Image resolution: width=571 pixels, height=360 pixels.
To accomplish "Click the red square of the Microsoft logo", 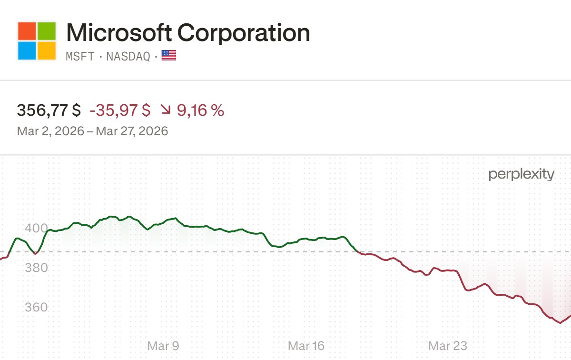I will [27, 31].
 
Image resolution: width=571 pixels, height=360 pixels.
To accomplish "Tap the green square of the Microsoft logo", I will [47, 31].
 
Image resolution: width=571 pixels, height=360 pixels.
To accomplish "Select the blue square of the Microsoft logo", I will [27, 50].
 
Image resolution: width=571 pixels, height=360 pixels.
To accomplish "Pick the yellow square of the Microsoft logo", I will [47, 50].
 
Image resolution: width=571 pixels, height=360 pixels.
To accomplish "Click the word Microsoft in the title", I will [119, 33].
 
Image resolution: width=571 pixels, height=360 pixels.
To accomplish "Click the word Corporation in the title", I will [244, 33].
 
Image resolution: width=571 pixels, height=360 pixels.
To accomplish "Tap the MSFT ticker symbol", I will [79, 56].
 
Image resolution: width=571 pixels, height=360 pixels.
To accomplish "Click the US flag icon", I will [169, 56].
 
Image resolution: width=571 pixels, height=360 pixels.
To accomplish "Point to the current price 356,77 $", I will [49, 110].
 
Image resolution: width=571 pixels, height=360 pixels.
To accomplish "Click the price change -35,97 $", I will [120, 110].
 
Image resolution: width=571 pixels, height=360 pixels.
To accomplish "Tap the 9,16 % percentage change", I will [200, 110].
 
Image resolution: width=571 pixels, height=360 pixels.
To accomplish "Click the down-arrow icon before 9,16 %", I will [166, 110].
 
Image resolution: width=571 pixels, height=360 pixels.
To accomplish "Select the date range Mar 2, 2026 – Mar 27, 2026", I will [92, 131].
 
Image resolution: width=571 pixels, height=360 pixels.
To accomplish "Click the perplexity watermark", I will [522, 175].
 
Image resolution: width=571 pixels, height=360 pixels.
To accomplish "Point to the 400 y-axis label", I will [37, 228].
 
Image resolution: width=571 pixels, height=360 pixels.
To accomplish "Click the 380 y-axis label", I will [37, 268].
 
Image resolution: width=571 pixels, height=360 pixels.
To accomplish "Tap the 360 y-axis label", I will [37, 307].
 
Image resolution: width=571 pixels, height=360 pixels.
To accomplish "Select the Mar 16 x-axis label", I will [306, 346].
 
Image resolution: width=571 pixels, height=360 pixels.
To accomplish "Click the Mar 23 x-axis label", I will [448, 346].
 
